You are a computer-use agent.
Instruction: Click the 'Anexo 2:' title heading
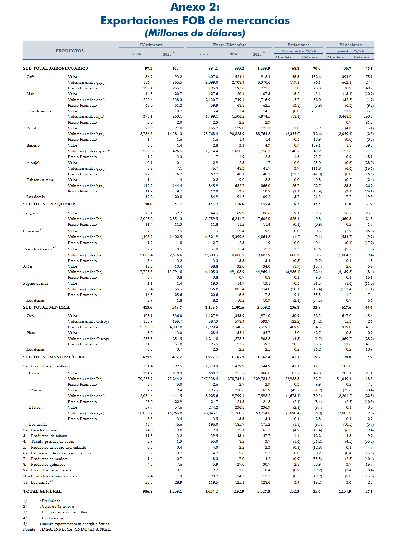tap(195, 7)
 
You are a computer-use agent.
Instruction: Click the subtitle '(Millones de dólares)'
tap(195, 33)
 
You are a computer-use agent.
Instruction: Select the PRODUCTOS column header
tap(70, 51)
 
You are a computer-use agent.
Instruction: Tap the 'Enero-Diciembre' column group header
tap(229, 45)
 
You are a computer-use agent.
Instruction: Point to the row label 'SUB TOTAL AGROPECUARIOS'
tap(55, 68)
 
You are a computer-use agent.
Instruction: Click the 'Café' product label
tap(30, 77)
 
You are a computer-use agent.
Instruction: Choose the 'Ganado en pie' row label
tap(39, 111)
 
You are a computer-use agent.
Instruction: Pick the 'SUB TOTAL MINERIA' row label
tap(46, 307)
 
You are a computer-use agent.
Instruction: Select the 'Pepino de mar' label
tap(36, 283)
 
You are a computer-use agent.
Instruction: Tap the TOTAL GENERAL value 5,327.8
tap(264, 491)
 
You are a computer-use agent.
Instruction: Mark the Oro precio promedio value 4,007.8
tap(176, 327)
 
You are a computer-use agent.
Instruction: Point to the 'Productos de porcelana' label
tap(51, 470)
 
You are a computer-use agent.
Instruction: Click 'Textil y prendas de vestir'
tap(52, 441)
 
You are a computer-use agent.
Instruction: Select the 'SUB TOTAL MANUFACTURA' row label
tap(54, 357)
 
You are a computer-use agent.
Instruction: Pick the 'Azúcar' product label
tap(35, 390)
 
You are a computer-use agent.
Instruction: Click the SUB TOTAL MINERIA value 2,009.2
tap(264, 307)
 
